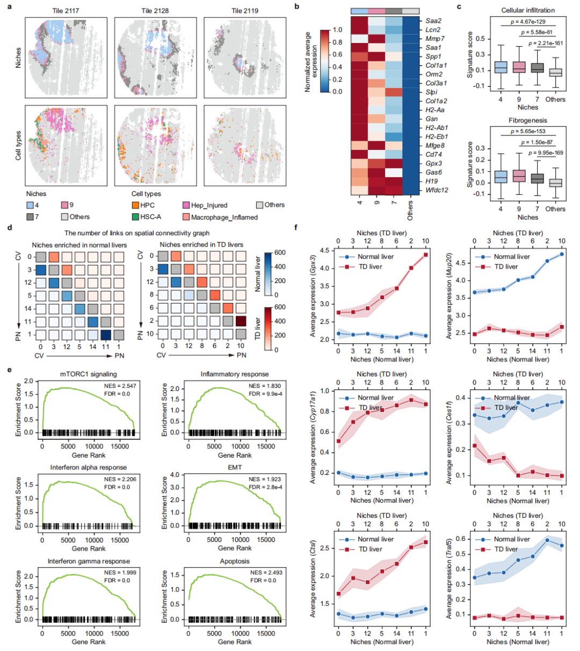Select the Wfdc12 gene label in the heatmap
pyautogui.click(x=437, y=190)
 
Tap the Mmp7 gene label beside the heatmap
pyautogui.click(x=435, y=39)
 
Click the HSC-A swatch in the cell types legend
pyautogui.click(x=135, y=217)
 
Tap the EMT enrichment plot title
pyautogui.click(x=235, y=467)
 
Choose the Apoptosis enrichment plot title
pyautogui.click(x=235, y=561)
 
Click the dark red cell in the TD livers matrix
pyautogui.click(x=241, y=321)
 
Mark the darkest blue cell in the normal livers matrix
pyautogui.click(x=106, y=334)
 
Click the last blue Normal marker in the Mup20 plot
pyautogui.click(x=562, y=254)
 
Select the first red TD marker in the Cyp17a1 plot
pyautogui.click(x=338, y=442)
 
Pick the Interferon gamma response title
pyautogui.click(x=89, y=561)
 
